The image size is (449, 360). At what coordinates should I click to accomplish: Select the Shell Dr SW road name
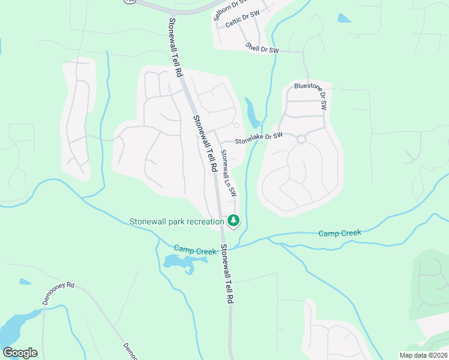point(262,47)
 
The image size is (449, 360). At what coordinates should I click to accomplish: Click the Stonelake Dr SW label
point(259,139)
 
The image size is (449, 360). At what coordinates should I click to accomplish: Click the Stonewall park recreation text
point(176,221)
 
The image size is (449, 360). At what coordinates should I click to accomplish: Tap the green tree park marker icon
point(234,221)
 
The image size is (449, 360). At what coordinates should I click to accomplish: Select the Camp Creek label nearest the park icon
point(194,250)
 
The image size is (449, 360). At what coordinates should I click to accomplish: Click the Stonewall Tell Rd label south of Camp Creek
point(226,273)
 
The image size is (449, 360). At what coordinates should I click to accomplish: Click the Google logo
point(20,352)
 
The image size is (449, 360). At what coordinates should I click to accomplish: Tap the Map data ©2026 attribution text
point(422,355)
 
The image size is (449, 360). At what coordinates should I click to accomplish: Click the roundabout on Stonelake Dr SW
point(301,139)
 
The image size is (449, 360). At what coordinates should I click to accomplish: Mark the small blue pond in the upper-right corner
point(344,18)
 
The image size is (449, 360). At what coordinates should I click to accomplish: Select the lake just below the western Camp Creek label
point(179,262)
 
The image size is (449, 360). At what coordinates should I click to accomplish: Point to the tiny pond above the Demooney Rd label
point(25,281)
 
